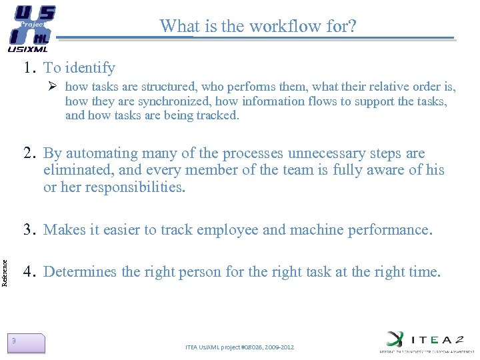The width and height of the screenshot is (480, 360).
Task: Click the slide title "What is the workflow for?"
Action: [x=258, y=26]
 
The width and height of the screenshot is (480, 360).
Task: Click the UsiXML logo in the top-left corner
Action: [x=31, y=29]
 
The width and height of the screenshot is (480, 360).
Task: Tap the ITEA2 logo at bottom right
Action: [x=424, y=339]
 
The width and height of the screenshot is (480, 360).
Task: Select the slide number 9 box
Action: [x=26, y=343]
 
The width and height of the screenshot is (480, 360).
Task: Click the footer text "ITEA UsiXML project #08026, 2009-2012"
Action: [x=239, y=347]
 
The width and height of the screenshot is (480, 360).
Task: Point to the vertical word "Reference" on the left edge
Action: [x=5, y=254]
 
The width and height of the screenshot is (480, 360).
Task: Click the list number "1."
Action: [x=30, y=67]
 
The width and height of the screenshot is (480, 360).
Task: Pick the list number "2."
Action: [x=30, y=153]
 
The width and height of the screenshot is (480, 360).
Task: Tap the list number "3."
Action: [x=30, y=230]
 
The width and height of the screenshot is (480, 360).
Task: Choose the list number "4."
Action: [x=30, y=272]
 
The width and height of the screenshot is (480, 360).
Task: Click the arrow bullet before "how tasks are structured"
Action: [x=55, y=87]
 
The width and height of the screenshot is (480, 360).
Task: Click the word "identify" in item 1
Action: [x=91, y=68]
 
